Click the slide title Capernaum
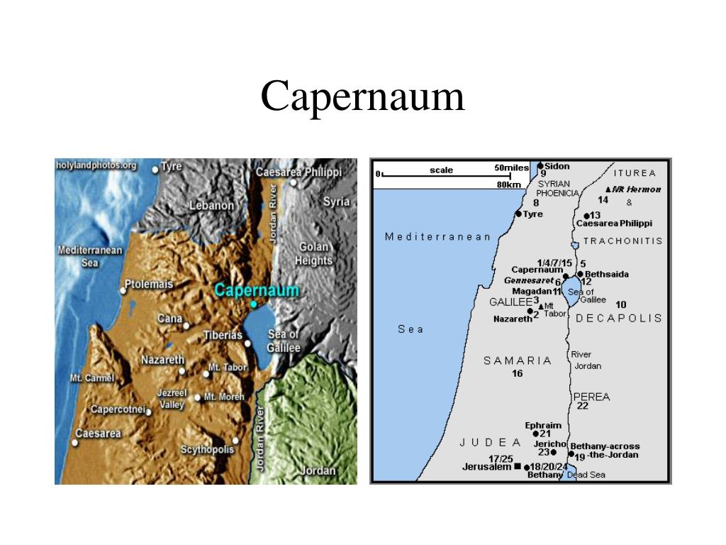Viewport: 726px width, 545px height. pos(362,97)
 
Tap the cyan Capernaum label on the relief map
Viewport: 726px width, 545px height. pos(257,290)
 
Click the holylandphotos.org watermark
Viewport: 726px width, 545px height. pos(96,165)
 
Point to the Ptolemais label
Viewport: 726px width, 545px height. pos(149,285)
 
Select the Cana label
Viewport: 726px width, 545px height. pos(169,319)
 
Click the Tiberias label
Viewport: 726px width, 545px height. pos(223,336)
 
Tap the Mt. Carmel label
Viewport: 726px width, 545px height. pos(92,378)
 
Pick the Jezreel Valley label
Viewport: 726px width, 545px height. pos(172,399)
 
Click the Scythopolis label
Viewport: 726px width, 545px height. pos(207,449)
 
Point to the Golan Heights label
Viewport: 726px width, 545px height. pos(313,253)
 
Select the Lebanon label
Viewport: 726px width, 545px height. pos(211,205)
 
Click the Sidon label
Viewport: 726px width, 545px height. pos(557,166)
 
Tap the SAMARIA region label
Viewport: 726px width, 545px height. pos(518,360)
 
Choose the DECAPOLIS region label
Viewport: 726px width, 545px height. pos(619,318)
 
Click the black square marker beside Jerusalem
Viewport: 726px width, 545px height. pos(518,466)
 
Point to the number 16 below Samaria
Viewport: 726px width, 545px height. pos(518,373)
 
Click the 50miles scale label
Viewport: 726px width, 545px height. pos(511,167)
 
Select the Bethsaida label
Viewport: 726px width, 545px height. pos(607,274)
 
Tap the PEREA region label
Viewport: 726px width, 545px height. pos(591,397)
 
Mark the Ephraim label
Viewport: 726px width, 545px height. pos(543,425)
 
